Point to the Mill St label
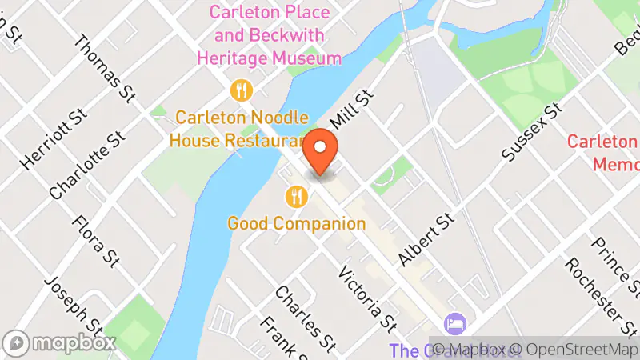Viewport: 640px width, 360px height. [x=352, y=113]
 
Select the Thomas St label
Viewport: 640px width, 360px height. [x=105, y=68]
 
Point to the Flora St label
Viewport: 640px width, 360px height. [x=94, y=240]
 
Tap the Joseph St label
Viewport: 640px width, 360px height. [x=74, y=306]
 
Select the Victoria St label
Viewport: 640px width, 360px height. [x=369, y=297]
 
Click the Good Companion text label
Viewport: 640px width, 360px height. [x=296, y=224]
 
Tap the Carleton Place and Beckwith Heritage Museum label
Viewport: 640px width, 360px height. [x=276, y=35]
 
